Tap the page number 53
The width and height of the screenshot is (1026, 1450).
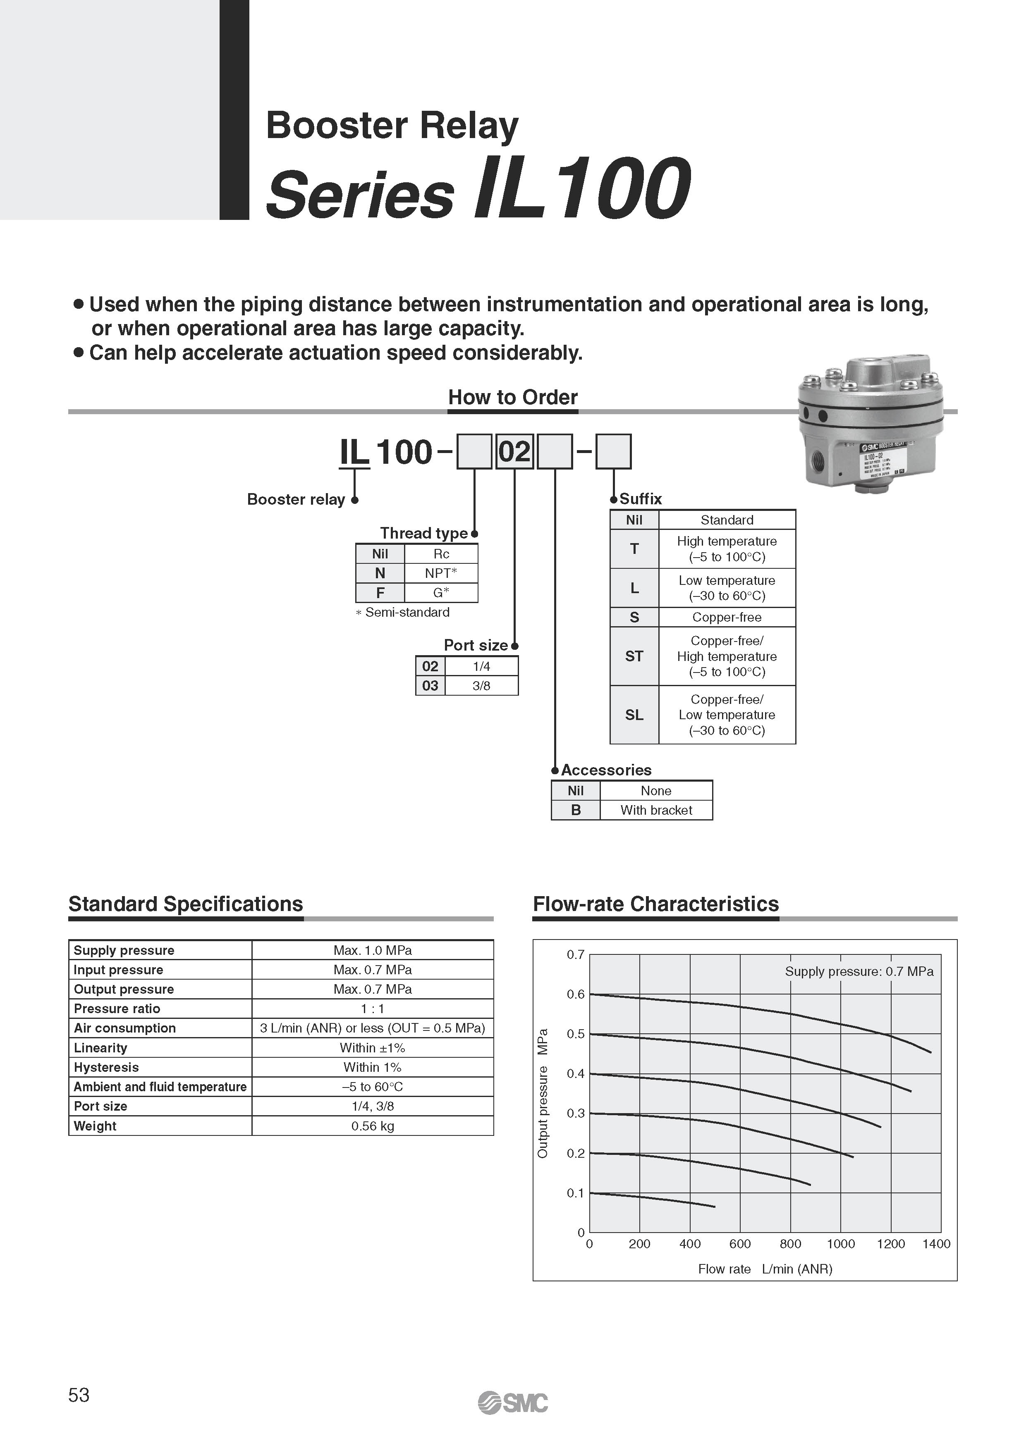79,1395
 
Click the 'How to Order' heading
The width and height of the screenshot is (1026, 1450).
512,397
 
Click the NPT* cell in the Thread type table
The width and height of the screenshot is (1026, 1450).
440,573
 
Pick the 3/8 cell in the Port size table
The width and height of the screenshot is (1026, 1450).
481,686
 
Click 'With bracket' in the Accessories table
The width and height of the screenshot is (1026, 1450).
656,810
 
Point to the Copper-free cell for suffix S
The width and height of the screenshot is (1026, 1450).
727,617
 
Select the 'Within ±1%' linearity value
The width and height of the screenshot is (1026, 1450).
372,1048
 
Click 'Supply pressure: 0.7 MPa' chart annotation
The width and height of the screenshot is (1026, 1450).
859,971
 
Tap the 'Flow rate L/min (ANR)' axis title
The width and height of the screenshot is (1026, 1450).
765,1269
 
